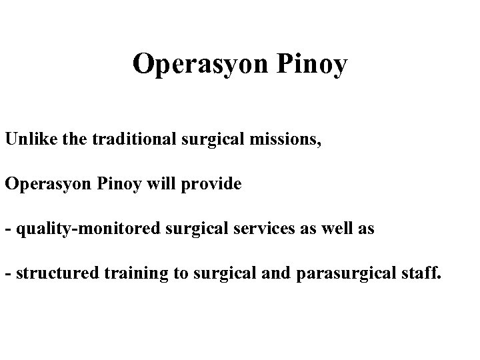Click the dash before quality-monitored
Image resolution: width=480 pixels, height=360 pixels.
[7, 229]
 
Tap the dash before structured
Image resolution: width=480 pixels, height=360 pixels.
[7, 273]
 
